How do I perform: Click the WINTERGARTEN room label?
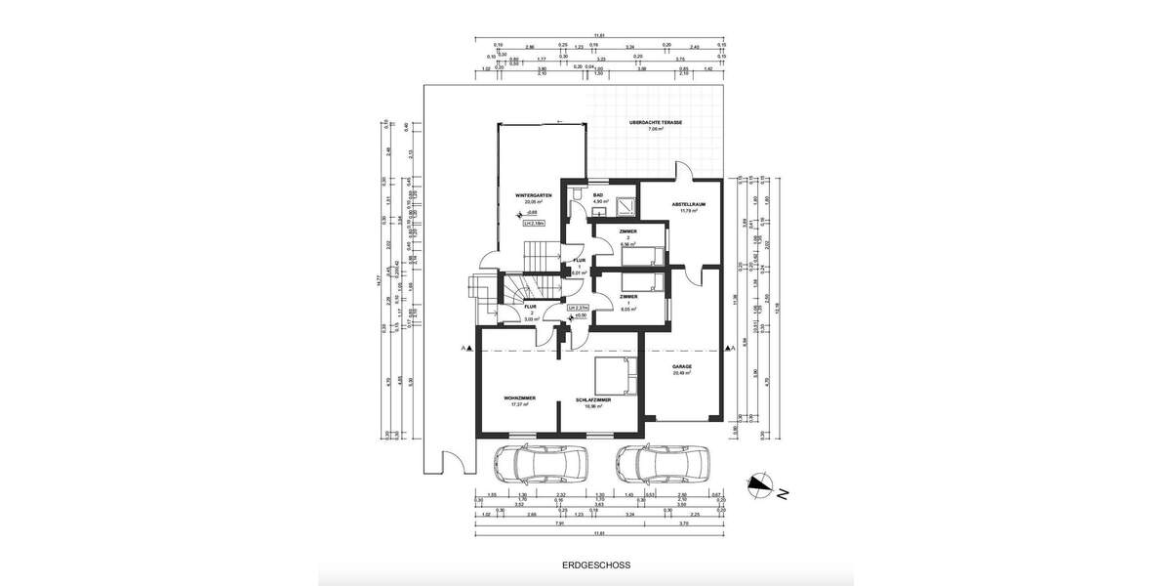pyautogui.click(x=534, y=195)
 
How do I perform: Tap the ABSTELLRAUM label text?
pyautogui.click(x=688, y=204)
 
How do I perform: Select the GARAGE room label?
pyautogui.click(x=681, y=367)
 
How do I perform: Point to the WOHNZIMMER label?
pyautogui.click(x=518, y=398)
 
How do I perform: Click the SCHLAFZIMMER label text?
pyautogui.click(x=593, y=398)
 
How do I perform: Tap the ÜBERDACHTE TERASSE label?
pyautogui.click(x=655, y=123)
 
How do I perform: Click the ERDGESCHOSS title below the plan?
pyautogui.click(x=596, y=565)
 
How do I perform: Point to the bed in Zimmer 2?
pyautogui.click(x=646, y=257)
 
